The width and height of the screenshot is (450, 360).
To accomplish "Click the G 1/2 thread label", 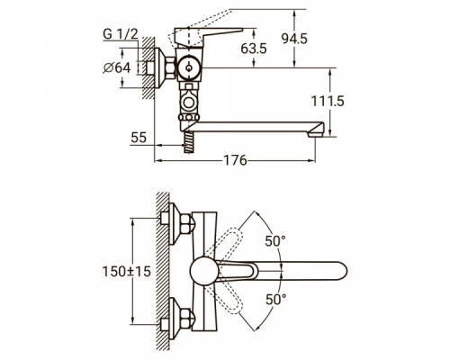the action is [x=121, y=33].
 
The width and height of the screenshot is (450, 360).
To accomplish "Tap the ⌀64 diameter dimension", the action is [x=117, y=68].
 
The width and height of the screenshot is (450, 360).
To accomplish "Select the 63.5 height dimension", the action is [x=254, y=49].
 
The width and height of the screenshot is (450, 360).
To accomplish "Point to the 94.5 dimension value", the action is [x=294, y=39].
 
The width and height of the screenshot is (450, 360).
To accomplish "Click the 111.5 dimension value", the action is [x=328, y=101].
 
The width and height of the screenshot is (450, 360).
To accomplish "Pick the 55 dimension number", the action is [x=139, y=138].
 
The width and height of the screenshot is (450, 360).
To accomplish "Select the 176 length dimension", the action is [x=236, y=160].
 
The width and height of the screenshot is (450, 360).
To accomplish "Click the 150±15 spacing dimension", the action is [x=126, y=272].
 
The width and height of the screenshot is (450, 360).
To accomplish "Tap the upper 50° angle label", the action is [x=275, y=241].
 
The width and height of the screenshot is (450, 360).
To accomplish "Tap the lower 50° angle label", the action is [x=276, y=300].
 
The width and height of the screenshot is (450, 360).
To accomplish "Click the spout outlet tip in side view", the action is [x=317, y=130].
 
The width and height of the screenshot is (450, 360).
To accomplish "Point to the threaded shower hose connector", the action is [x=188, y=142].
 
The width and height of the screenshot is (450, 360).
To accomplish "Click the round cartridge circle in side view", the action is [x=189, y=68].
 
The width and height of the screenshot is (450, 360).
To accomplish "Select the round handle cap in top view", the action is [x=204, y=271].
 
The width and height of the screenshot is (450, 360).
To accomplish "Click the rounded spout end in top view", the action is [x=340, y=271].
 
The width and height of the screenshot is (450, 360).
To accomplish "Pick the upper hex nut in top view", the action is [x=188, y=225].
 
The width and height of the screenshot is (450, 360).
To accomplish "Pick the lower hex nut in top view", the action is [x=188, y=317].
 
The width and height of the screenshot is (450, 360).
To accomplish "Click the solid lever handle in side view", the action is [x=209, y=38].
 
